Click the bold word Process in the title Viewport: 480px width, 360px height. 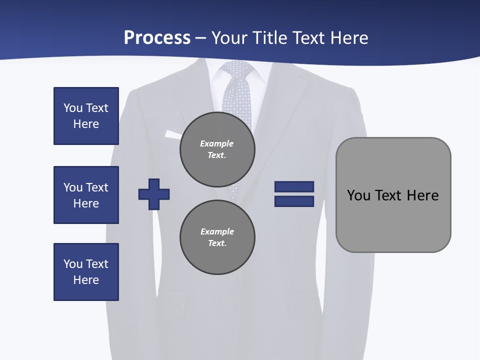tap(157, 38)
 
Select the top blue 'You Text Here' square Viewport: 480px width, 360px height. tap(86, 116)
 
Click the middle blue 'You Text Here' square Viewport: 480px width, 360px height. tap(86, 195)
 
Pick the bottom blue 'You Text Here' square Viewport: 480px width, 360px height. tap(86, 272)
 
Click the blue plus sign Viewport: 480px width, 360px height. tap(154, 194)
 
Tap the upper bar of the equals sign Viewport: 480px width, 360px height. tap(294, 186)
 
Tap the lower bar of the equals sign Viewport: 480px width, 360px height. tap(294, 201)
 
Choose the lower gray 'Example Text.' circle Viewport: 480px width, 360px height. tap(217, 237)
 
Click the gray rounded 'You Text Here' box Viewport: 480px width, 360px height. tap(393, 195)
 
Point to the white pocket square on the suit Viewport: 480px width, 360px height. tap(173, 134)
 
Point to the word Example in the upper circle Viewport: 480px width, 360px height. tap(216, 143)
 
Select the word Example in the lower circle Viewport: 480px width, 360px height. tap(217, 231)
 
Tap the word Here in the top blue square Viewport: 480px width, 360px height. tap(86, 124)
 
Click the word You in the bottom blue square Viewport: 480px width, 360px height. tap(72, 264)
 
